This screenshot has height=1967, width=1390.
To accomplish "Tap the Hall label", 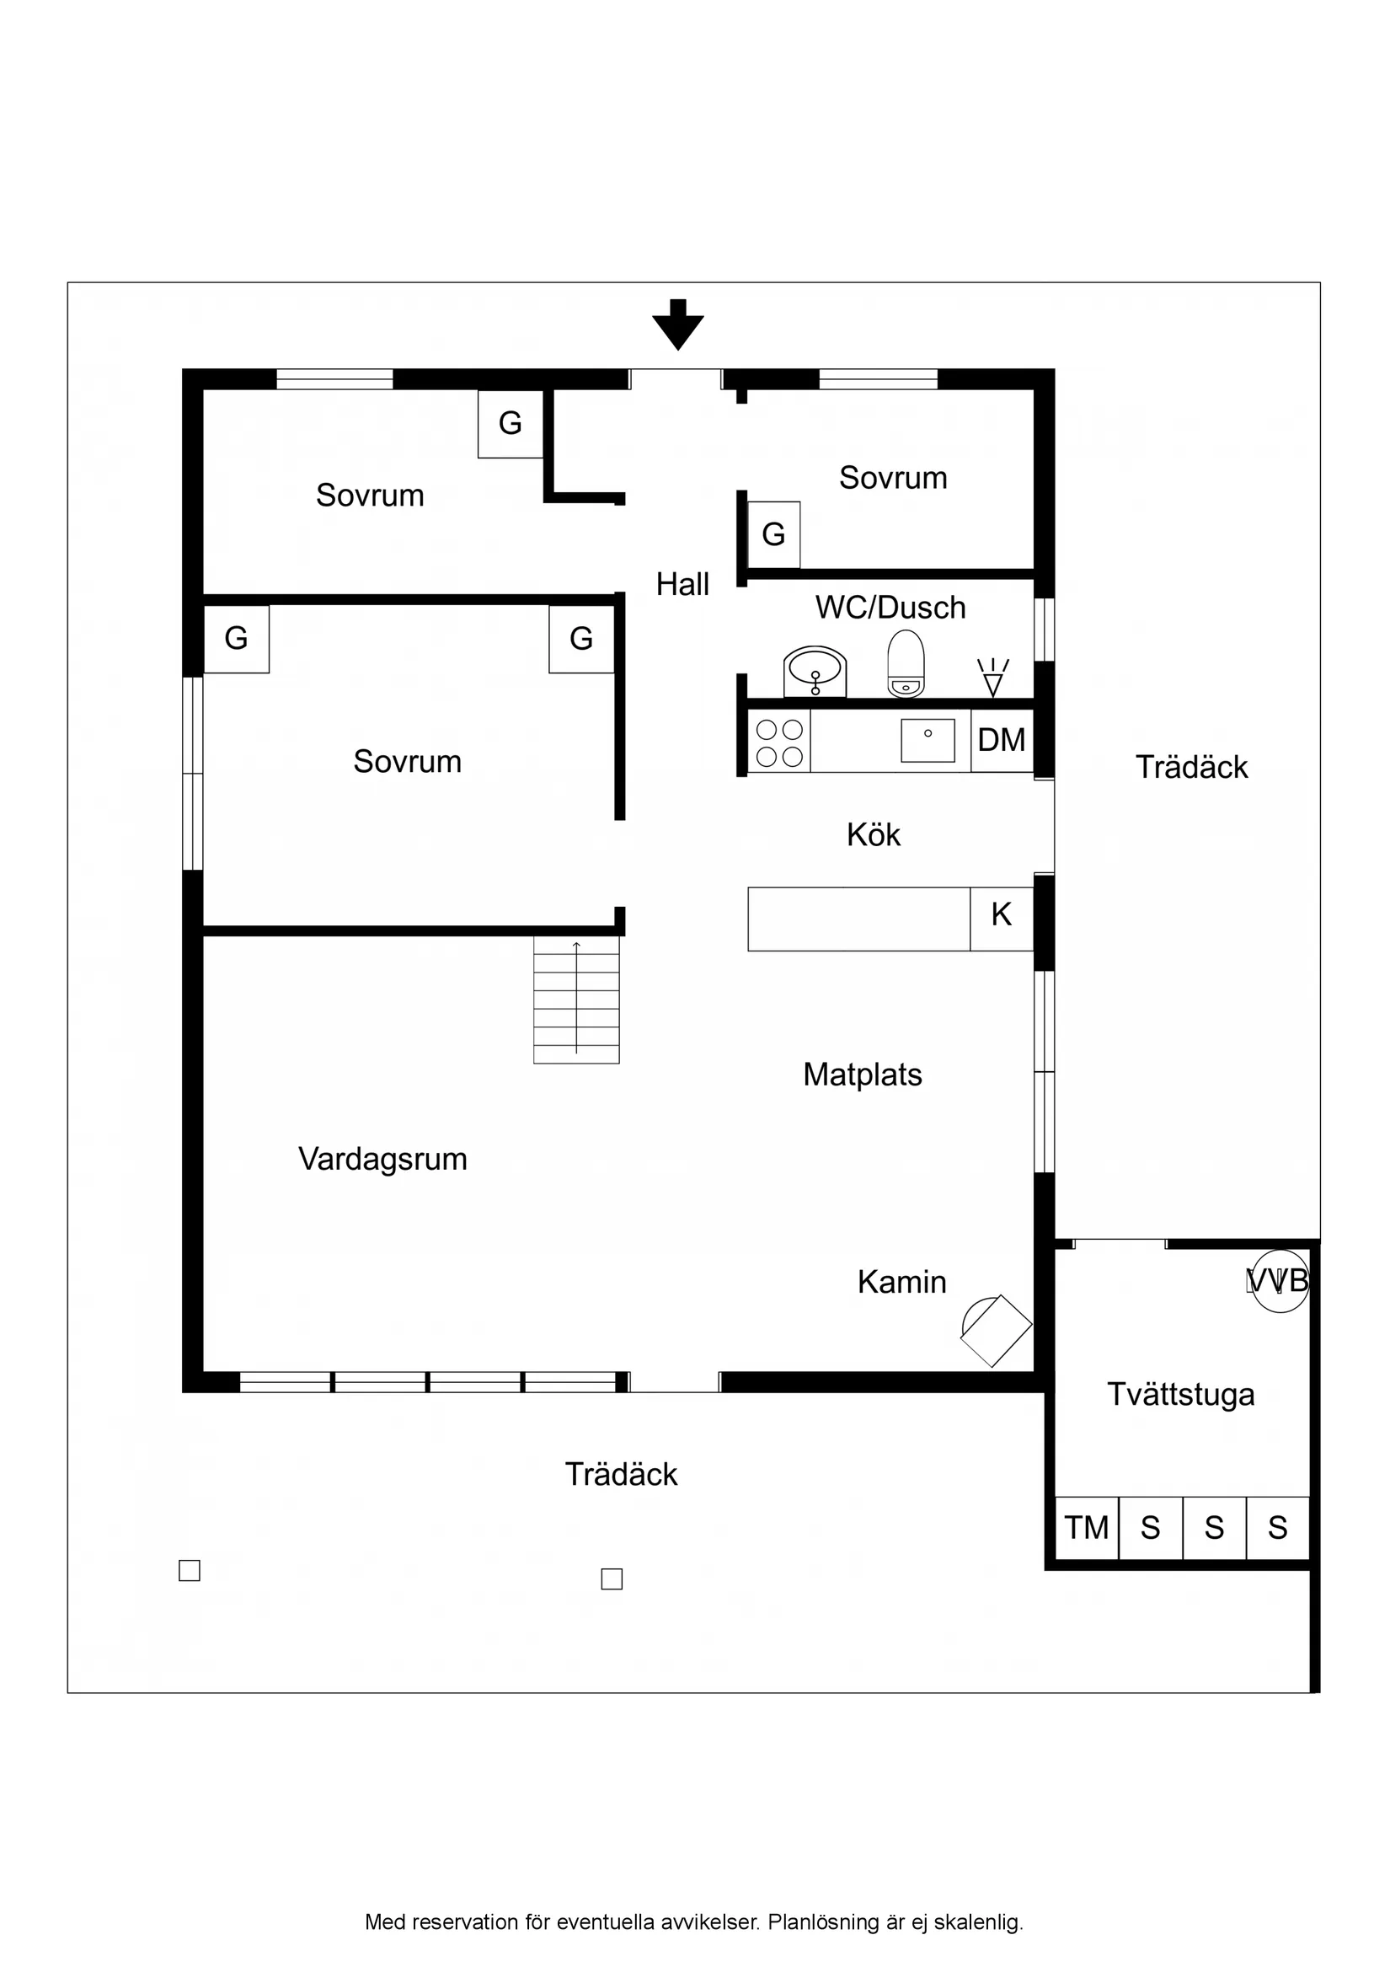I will (x=682, y=584).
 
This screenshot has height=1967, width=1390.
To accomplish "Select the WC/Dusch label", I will (x=890, y=608).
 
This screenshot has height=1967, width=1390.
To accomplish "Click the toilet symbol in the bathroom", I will (x=906, y=664).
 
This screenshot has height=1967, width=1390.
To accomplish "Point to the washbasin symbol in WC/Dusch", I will (x=815, y=671).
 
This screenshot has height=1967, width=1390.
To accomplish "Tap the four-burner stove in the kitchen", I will (x=779, y=742).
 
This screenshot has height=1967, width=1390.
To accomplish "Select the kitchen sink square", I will (x=928, y=740).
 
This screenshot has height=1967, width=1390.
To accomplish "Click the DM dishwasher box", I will (x=1001, y=740).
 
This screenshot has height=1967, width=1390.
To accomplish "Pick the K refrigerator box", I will (x=1001, y=915).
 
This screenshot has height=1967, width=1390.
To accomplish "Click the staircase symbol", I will (x=576, y=1000).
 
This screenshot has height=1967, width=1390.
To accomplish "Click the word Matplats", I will (x=863, y=1075).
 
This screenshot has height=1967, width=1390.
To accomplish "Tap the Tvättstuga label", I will (x=1181, y=1395).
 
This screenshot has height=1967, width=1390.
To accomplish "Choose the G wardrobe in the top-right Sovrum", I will (x=773, y=534).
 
